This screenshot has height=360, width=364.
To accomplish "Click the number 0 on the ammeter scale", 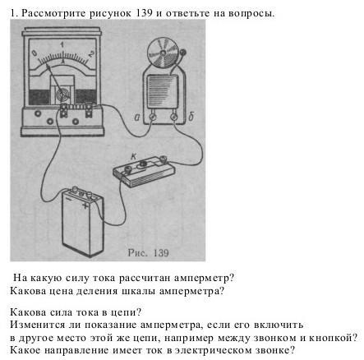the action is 35,53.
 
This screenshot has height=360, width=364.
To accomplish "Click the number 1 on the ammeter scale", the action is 62,44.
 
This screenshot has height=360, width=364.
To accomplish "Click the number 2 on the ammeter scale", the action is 91,53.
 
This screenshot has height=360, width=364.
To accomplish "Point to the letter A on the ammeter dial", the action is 62,62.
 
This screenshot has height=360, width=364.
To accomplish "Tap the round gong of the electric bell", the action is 163,53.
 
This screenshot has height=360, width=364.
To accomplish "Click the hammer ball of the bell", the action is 182,52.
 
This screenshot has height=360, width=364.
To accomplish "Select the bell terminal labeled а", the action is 153,118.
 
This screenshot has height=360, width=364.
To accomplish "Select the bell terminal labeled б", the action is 173,118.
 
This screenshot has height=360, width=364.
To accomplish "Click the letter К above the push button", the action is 134,156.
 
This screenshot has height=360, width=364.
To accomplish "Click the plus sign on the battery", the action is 85,205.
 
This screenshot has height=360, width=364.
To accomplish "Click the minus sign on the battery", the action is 69,199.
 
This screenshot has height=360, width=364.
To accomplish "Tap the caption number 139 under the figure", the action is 160,252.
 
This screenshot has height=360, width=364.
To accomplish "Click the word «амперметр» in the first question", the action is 204,278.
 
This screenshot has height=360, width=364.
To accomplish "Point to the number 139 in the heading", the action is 144,13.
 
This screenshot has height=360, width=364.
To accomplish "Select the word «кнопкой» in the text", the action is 334,338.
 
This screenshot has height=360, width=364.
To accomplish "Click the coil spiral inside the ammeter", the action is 62,95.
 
